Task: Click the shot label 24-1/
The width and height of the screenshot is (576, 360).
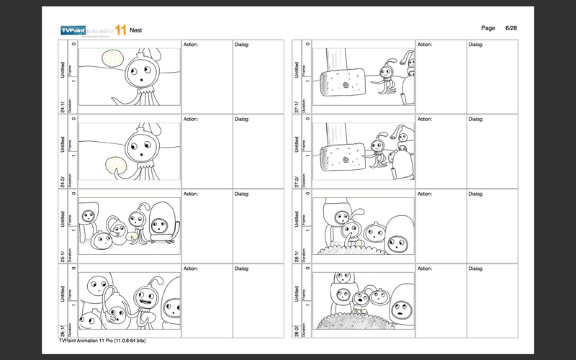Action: [63, 106]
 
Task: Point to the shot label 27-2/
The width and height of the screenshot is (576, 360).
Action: [297, 181]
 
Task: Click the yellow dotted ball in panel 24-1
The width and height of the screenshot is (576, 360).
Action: [112, 59]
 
